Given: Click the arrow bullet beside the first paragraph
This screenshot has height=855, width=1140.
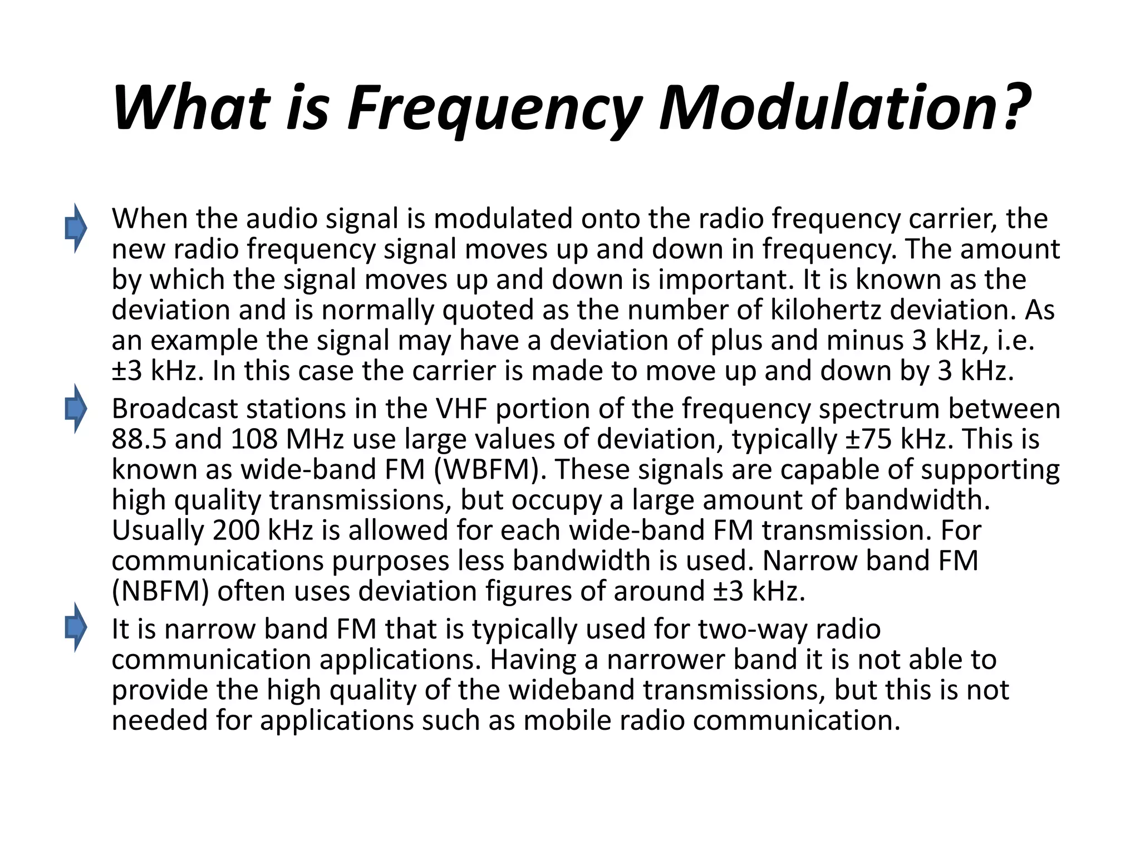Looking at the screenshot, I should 76,228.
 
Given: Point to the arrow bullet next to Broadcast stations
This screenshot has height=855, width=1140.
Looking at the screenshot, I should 76,409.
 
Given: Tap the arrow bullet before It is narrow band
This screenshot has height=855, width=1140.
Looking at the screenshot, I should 76,627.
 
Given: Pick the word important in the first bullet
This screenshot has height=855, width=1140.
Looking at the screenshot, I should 723,279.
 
